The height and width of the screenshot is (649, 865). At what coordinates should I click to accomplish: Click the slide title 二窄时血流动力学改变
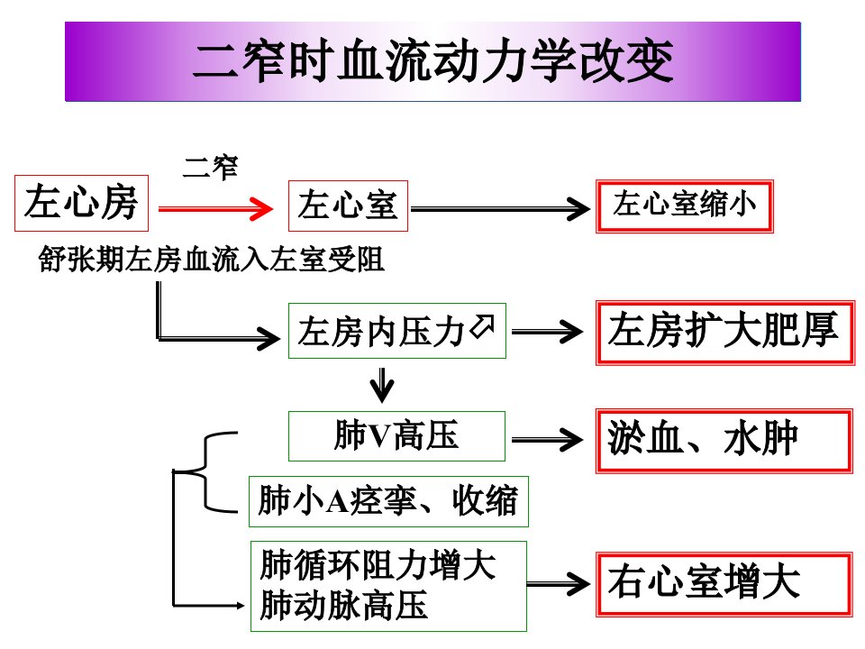click(433, 60)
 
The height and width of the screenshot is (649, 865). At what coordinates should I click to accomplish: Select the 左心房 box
click(82, 203)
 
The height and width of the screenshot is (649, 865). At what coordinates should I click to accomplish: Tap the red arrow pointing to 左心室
click(215, 208)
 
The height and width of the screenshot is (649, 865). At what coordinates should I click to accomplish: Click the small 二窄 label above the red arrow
click(210, 168)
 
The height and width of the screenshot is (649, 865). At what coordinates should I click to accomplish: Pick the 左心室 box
click(348, 206)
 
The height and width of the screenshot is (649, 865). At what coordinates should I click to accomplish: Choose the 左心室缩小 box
click(685, 206)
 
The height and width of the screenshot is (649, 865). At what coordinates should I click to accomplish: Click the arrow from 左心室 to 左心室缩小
click(500, 209)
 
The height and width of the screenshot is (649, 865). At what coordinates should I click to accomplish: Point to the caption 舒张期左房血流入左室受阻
click(211, 259)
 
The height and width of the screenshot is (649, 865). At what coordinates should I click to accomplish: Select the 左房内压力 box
click(397, 331)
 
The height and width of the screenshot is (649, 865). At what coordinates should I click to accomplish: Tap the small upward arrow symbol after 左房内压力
click(482, 325)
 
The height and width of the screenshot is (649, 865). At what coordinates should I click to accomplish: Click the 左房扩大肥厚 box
click(725, 333)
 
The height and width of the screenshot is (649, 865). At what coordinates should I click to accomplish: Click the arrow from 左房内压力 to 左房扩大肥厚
click(547, 332)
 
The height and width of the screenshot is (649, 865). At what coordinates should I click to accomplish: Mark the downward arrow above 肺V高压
click(382, 385)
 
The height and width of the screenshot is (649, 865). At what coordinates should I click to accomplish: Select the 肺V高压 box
click(396, 436)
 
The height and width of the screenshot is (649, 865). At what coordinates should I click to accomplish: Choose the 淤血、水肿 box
click(724, 441)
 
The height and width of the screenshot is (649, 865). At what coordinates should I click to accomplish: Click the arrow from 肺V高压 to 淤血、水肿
click(547, 440)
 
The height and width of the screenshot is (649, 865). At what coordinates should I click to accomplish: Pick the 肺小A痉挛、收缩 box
click(388, 501)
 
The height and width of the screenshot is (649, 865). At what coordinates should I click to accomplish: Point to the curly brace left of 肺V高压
click(205, 471)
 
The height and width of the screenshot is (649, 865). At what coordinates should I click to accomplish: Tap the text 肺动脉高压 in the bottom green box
click(343, 606)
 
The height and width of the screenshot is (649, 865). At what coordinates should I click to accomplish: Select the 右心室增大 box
click(724, 584)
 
